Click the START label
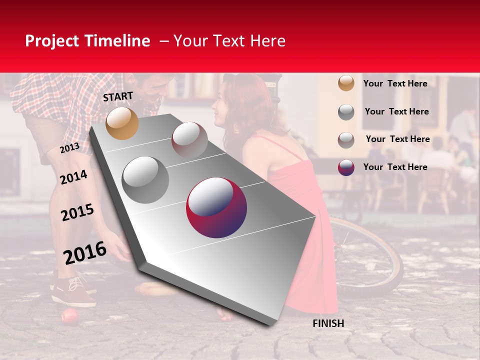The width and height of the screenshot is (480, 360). click(x=118, y=96)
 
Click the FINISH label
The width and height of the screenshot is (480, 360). click(x=328, y=323)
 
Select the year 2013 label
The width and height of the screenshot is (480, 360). click(x=69, y=148)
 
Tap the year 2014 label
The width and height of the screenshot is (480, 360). click(x=73, y=177)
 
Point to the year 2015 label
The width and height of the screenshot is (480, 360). click(x=77, y=212)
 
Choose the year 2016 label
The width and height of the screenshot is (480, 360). click(x=85, y=252)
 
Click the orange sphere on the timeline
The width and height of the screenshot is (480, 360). click(x=122, y=123)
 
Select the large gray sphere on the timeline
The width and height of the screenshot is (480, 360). click(x=145, y=179)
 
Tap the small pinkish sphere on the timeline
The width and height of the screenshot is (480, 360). click(x=189, y=140)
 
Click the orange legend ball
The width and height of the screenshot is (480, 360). click(x=346, y=83)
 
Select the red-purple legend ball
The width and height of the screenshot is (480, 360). click(x=346, y=167)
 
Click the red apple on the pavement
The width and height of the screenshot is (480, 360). click(x=69, y=316)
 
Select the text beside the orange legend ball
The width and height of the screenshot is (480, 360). click(x=395, y=83)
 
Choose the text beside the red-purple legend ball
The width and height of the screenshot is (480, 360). click(x=395, y=167)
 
